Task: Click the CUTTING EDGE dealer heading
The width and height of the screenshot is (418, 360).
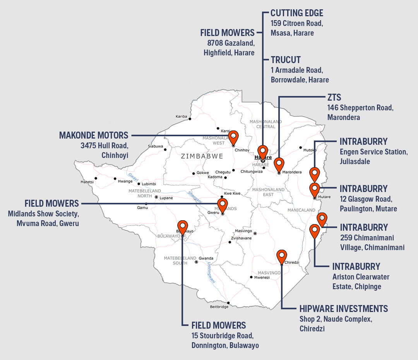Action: tap(296, 13)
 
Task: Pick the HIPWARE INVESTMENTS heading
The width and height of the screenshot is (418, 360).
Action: tap(344, 309)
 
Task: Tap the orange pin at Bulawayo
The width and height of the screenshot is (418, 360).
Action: tap(182, 227)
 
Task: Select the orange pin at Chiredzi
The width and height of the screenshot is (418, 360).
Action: tap(282, 256)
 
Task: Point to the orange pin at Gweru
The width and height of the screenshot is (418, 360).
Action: tap(222, 205)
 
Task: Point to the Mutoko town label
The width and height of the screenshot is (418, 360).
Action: tap(310, 149)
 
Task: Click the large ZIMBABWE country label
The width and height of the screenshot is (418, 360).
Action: tap(202, 156)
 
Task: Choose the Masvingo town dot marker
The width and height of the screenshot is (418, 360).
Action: tap(255, 233)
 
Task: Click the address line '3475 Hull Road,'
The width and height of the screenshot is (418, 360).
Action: tap(104, 146)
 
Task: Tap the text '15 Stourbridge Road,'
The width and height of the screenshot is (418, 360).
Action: tap(222, 336)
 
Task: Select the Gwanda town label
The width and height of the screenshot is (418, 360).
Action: tap(206, 259)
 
